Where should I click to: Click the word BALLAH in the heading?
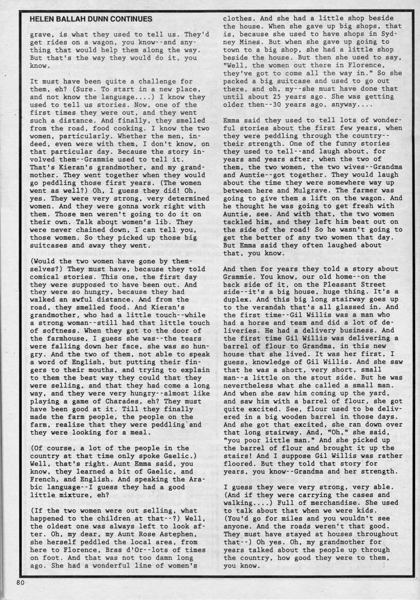tap(73, 19)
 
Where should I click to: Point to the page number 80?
tap(21, 583)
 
